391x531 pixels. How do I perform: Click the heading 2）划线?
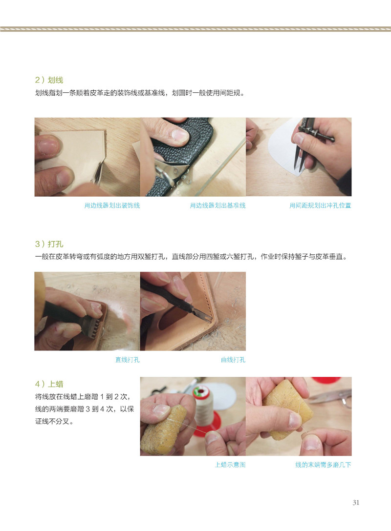pos(49,80)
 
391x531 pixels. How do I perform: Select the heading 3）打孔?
pos(49,244)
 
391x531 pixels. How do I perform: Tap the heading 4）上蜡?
pos(49,384)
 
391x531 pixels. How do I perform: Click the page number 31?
pos(356,503)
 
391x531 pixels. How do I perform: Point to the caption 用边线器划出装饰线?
pos(112,205)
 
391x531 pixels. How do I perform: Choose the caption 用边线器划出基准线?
pos(217,205)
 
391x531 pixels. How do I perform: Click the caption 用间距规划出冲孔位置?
pos(320,205)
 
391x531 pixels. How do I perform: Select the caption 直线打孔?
pos(128,360)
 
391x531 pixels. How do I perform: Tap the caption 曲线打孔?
pos(233,360)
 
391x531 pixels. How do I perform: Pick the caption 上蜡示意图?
pos(230,465)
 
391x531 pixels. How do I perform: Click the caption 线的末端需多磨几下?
pos(323,465)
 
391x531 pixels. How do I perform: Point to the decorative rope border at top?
pos(195,29)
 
